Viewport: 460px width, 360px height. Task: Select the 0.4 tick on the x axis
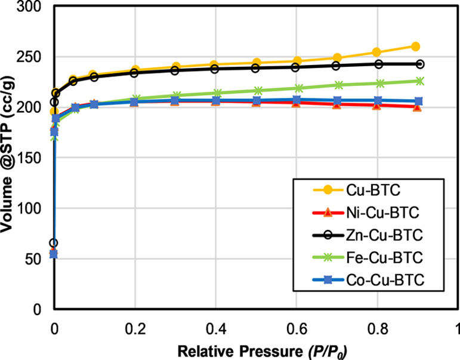[x=215, y=328]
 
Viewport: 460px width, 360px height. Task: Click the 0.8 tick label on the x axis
[x=377, y=328]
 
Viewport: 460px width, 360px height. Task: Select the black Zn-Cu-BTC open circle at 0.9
[x=419, y=64]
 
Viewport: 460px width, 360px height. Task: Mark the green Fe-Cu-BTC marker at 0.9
[x=419, y=81]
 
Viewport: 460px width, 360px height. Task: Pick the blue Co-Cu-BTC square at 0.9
[x=419, y=101]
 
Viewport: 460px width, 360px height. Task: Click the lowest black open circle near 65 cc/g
[x=54, y=243]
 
